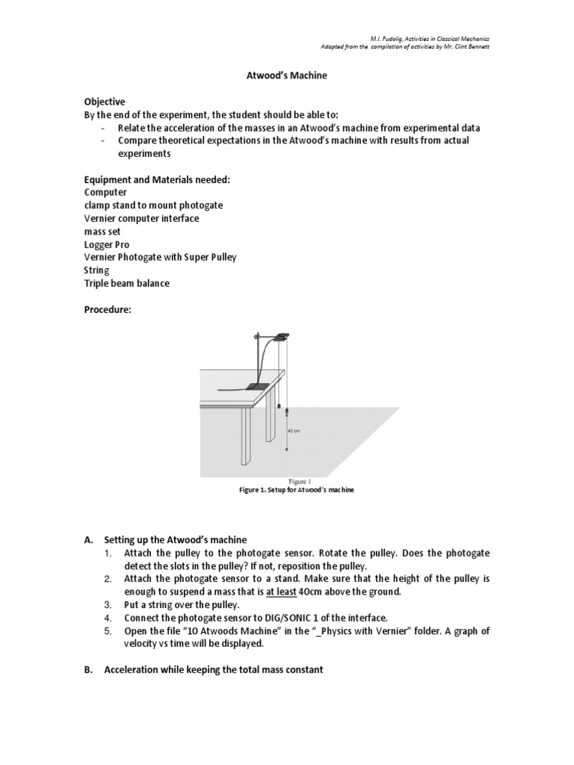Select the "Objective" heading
pyautogui.click(x=104, y=102)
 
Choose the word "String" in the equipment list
pyautogui.click(x=96, y=270)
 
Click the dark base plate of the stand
pyautogui.click(x=257, y=385)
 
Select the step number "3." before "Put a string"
pyautogui.click(x=108, y=604)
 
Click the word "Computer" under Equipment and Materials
pyautogui.click(x=106, y=192)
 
